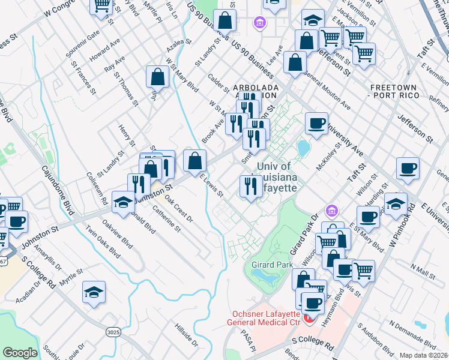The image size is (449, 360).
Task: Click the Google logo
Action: coord(20,353)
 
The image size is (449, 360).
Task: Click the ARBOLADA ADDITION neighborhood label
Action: coord(256,91)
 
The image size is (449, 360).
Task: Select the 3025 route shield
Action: coord(113,332)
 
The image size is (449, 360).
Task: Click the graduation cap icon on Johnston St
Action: coord(123,201)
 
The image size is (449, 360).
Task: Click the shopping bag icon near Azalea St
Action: coord(157,77)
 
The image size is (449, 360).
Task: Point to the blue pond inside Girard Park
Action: coord(262,276)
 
